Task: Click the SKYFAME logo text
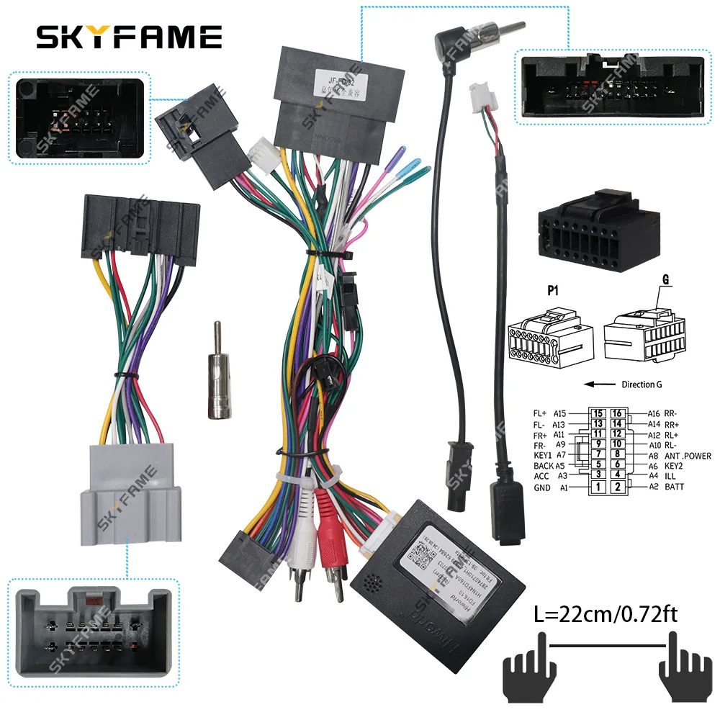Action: [x=129, y=35]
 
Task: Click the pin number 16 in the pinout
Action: [x=617, y=414]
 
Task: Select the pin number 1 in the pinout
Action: [x=597, y=487]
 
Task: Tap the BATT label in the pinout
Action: [x=675, y=487]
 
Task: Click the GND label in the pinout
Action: [x=541, y=487]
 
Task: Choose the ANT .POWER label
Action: [x=687, y=456]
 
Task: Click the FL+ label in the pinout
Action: [x=541, y=414]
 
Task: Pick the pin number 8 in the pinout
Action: [x=617, y=455]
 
